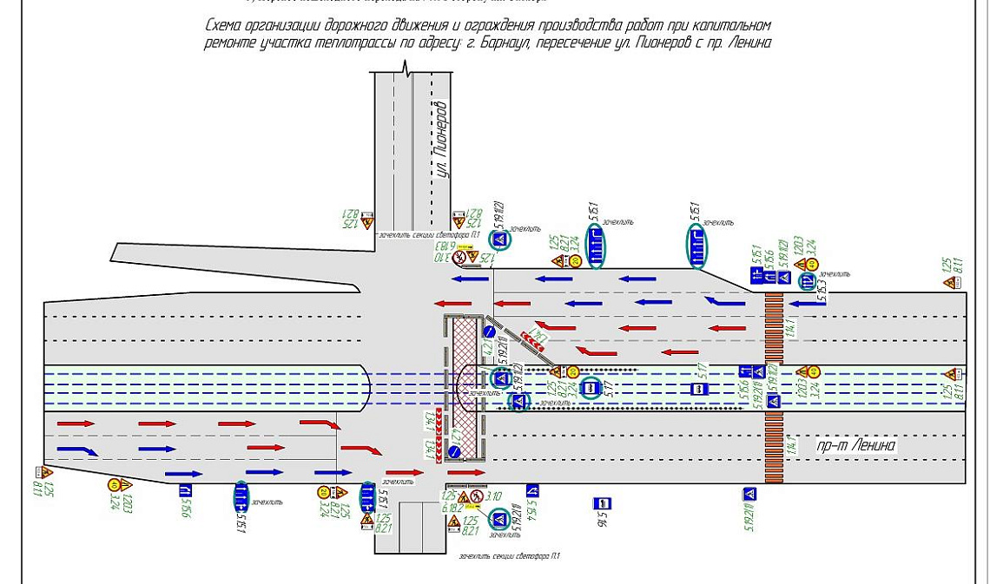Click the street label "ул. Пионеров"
pyautogui.click(x=442, y=139)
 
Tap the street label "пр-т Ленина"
pyautogui.click(x=855, y=445)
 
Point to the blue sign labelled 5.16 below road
pyautogui.click(x=602, y=503)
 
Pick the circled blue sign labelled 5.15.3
pyautogui.click(x=807, y=280)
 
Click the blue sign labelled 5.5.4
pyautogui.click(x=532, y=491)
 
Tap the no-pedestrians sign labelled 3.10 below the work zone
pyautogui.click(x=477, y=497)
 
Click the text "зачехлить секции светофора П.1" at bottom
pyautogui.click(x=510, y=556)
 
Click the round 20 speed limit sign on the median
pyautogui.click(x=573, y=372)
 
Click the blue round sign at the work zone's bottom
pyautogui.click(x=454, y=452)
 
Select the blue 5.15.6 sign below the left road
pyautogui.click(x=185, y=491)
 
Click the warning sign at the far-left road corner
pyautogui.click(x=45, y=473)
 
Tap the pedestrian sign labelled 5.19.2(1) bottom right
pyautogui.click(x=749, y=494)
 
